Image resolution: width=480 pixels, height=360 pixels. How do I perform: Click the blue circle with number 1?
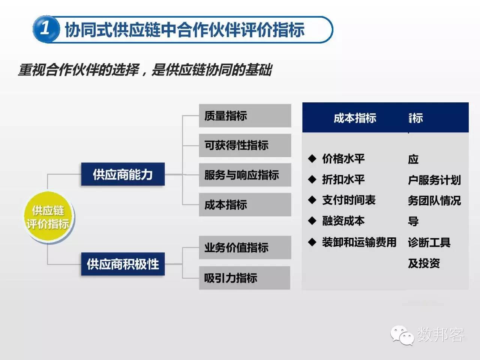click(46, 29)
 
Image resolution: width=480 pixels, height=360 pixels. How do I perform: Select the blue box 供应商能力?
click(123, 174)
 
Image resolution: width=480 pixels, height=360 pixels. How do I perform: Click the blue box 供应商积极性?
click(123, 264)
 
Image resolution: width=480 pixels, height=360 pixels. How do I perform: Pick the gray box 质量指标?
click(244, 115)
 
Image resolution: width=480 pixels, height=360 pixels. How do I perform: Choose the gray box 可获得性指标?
click(244, 145)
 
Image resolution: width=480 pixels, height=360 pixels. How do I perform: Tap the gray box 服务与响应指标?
click(244, 175)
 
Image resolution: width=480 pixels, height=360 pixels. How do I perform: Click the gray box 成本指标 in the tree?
click(244, 204)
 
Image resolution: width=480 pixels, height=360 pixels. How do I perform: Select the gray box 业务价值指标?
click(244, 247)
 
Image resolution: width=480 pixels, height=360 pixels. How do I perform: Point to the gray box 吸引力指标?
click(244, 278)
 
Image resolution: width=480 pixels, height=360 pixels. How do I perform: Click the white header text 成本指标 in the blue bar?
click(355, 118)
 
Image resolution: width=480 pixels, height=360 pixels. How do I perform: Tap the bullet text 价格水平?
click(343, 159)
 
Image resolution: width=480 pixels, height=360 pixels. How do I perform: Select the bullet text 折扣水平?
click(343, 180)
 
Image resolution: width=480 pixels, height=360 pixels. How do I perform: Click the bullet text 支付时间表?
click(349, 200)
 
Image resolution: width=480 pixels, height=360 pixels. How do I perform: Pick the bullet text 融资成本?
click(343, 221)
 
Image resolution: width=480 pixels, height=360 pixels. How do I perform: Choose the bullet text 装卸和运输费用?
click(359, 242)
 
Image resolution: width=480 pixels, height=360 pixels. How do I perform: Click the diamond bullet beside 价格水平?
click(312, 159)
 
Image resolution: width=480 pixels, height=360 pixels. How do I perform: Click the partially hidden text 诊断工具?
click(429, 243)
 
